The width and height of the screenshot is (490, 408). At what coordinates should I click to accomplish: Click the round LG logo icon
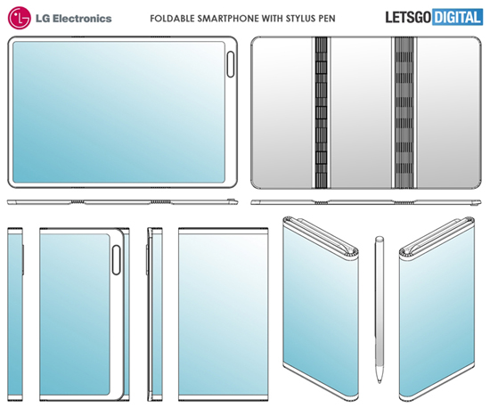click(x=18, y=17)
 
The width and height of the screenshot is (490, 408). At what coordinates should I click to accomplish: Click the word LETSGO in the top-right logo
click(x=408, y=17)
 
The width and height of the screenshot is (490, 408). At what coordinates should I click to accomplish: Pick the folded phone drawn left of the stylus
click(x=321, y=307)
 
